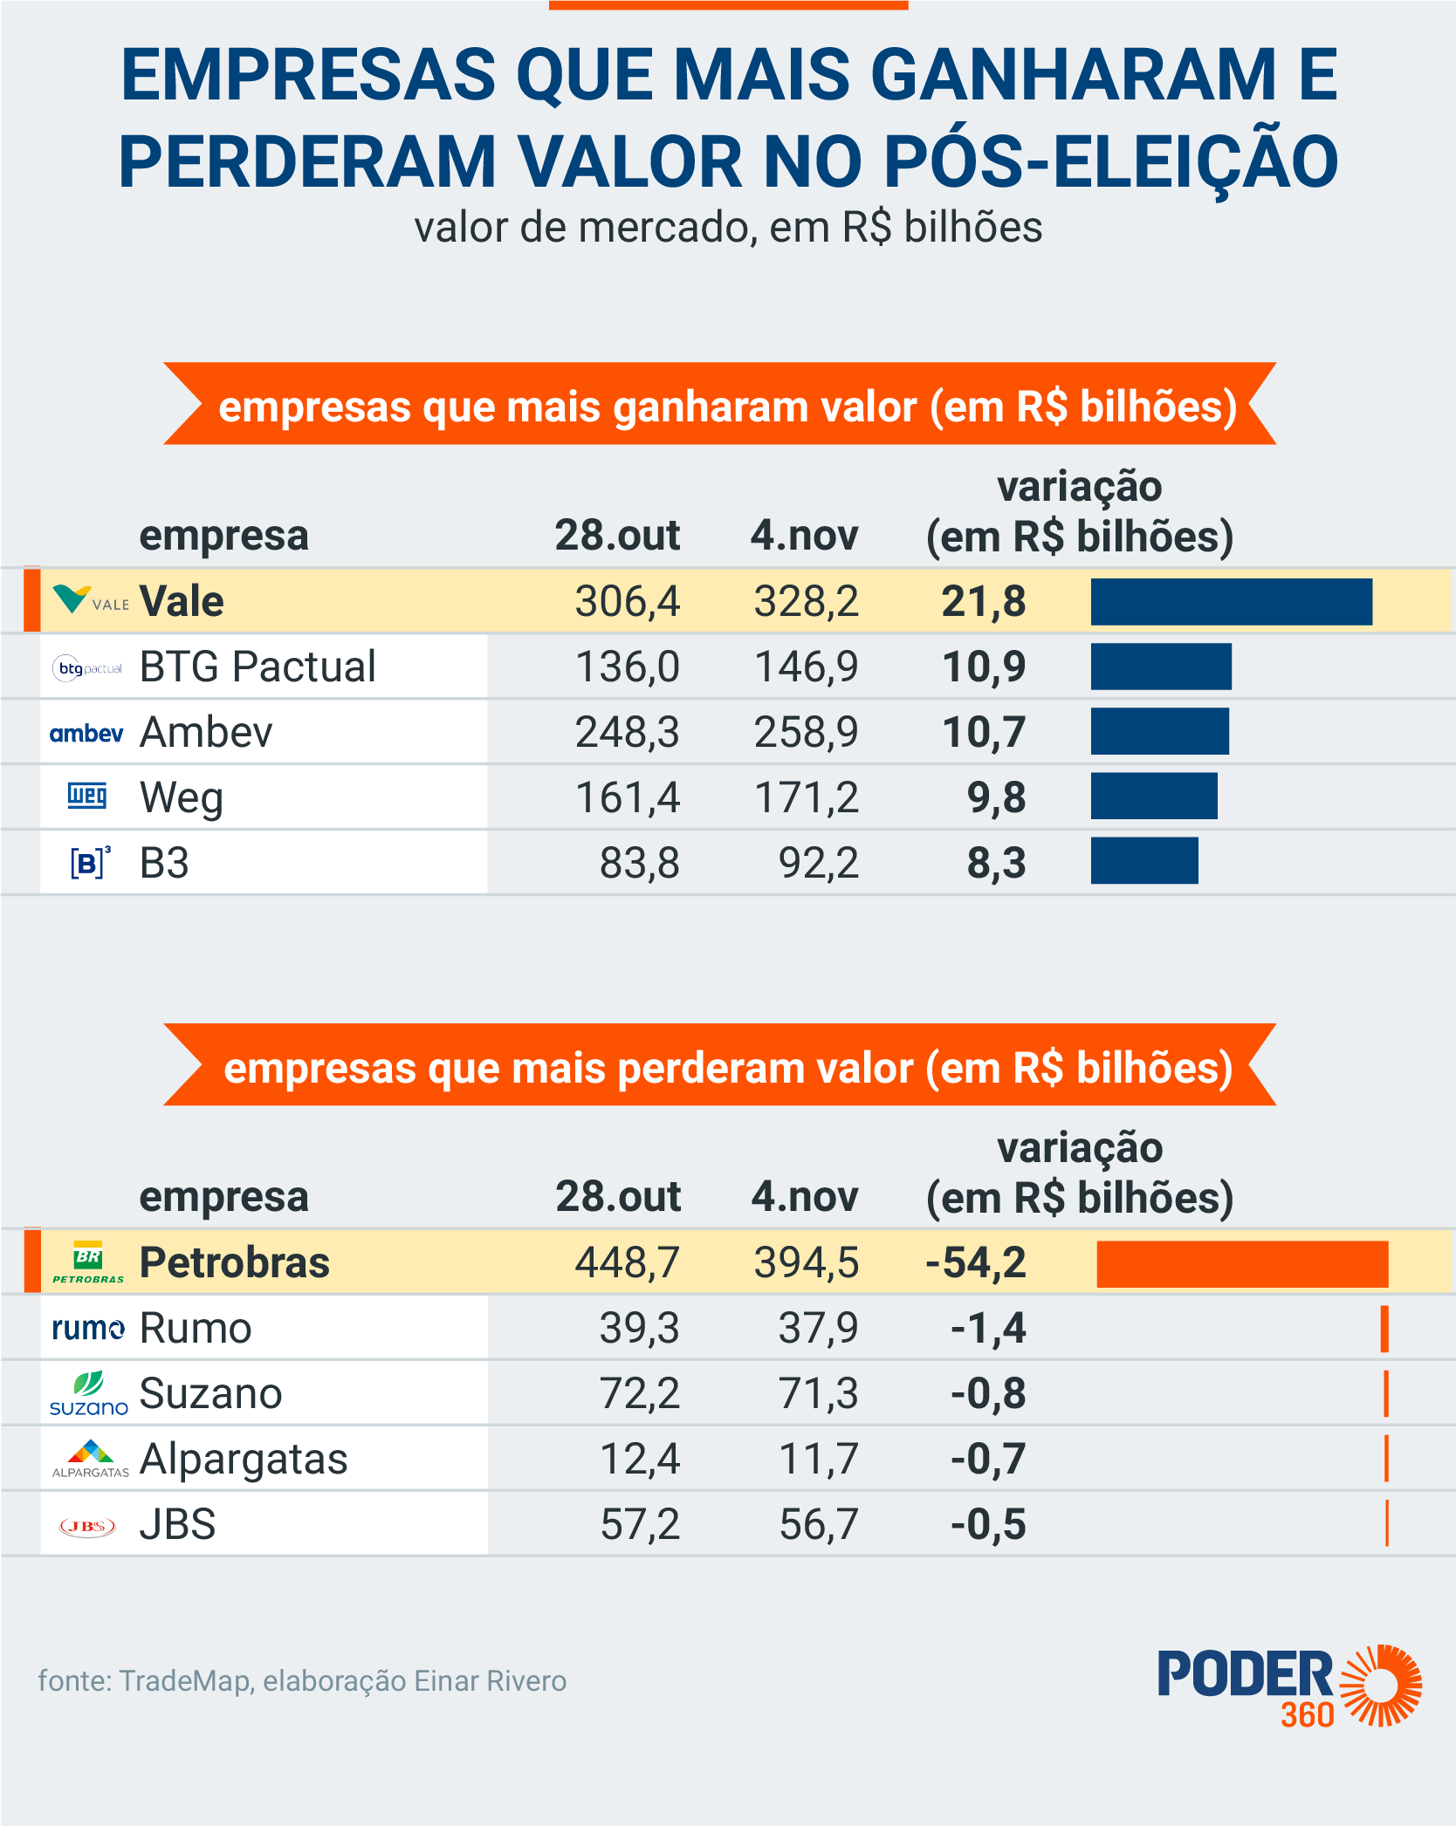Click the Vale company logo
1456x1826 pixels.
pyautogui.click(x=89, y=600)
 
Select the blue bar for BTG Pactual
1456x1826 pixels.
pyautogui.click(x=1161, y=667)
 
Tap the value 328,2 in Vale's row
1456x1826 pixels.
pyautogui.click(x=806, y=602)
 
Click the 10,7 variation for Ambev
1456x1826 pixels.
pyautogui.click(x=984, y=733)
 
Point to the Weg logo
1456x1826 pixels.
pyautogui.click(x=87, y=796)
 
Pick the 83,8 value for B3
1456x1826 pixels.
pyautogui.click(x=639, y=864)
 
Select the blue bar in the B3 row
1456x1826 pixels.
pyautogui.click(x=1144, y=861)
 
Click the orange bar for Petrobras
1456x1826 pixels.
pyautogui.click(x=1242, y=1264)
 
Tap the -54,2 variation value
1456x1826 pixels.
pyautogui.click(x=976, y=1263)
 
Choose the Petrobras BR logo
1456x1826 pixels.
pyautogui.click(x=88, y=1262)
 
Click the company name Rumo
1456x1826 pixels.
pyautogui.click(x=196, y=1329)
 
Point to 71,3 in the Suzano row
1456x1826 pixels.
pyautogui.click(x=818, y=1394)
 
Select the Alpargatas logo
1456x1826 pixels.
pyautogui.click(x=90, y=1459)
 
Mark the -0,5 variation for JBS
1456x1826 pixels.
pyautogui.click(x=988, y=1525)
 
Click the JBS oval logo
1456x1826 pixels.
pyautogui.click(x=87, y=1526)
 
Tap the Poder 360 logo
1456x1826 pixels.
pyautogui.click(x=1289, y=1686)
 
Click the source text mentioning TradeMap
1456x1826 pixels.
pyautogui.click(x=302, y=1681)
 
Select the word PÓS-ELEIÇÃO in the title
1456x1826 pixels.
pyautogui.click(x=1110, y=162)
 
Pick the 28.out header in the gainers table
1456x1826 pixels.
pyautogui.click(x=617, y=536)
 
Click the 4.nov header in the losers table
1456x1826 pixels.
pyautogui.click(x=805, y=1197)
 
